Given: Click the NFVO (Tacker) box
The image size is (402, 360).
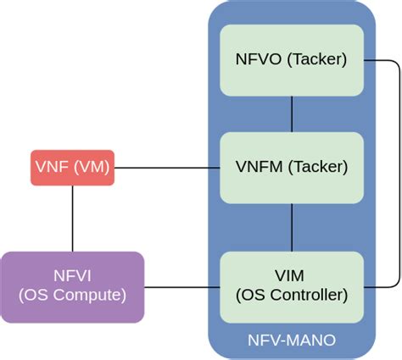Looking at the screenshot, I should click(292, 59).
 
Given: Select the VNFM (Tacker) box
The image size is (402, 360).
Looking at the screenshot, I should click(292, 167).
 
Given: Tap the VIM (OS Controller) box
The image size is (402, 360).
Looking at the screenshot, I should click(292, 285).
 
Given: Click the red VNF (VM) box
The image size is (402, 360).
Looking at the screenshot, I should click(72, 168).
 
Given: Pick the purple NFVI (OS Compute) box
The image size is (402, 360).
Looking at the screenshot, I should click(72, 285).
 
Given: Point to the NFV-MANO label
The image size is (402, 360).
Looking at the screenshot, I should click(292, 341).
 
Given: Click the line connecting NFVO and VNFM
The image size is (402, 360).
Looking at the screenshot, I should click(292, 113).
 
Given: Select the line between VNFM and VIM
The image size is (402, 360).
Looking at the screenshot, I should click(292, 227).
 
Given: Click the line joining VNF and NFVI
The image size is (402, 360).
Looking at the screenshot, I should click(72, 218).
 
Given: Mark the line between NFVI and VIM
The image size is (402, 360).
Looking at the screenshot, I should click(181, 285).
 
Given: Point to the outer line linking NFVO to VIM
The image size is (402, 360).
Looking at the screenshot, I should click(399, 169).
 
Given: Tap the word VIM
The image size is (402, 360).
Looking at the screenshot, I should click(292, 276).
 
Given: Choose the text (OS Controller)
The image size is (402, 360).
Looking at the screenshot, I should click(292, 295).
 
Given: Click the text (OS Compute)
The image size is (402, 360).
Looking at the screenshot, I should click(72, 295).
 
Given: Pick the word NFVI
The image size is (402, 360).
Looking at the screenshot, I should click(72, 276).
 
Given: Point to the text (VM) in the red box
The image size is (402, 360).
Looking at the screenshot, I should click(90, 168).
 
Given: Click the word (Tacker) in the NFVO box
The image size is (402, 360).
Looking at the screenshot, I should click(315, 59).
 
